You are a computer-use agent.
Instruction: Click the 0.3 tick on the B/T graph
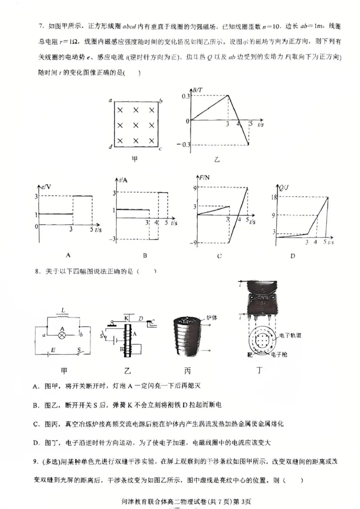[x=185, y=96]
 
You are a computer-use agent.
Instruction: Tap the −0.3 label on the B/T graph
[x=183, y=144]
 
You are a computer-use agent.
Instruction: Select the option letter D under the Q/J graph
[x=292, y=256]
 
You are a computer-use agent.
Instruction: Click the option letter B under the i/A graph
[x=145, y=256]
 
